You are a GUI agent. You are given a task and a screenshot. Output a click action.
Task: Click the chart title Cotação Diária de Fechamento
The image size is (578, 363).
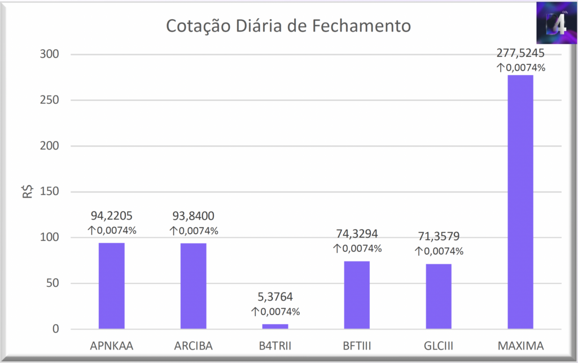tap(288, 27)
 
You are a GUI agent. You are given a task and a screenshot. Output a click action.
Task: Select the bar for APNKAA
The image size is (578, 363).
tap(112, 286)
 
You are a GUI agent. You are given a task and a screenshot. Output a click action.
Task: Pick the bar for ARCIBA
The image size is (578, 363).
tap(194, 286)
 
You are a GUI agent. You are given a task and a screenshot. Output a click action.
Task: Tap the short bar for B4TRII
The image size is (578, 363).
tap(275, 326)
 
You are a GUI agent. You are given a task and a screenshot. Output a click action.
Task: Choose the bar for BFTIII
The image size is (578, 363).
tap(357, 295)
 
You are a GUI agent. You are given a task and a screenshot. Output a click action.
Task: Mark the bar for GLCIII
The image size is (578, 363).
tap(439, 296)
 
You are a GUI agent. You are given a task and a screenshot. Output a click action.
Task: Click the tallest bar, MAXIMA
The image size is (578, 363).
tap(520, 202)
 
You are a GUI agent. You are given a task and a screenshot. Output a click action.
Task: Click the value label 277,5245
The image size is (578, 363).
tap(520, 54)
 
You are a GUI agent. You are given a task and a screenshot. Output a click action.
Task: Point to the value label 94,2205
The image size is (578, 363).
tap(112, 216)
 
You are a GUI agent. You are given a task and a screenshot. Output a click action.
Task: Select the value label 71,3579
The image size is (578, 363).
tap(439, 237)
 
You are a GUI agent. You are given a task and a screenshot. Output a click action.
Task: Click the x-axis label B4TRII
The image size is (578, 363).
tap(275, 345)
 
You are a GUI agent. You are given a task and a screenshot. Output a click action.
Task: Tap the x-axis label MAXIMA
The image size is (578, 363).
tap(520, 345)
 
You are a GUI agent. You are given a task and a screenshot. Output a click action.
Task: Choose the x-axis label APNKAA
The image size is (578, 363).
tap(112, 345)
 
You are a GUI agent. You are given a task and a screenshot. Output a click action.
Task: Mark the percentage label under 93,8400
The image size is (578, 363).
tap(194, 231)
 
